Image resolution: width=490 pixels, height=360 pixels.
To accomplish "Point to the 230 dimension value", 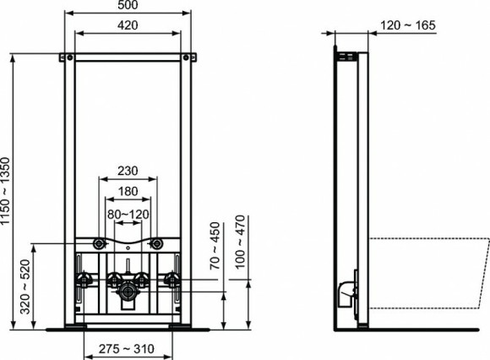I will [x=128, y=169].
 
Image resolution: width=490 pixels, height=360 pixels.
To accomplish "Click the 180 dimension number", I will [x=128, y=190].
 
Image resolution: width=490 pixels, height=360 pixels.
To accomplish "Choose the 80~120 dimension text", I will [x=128, y=214].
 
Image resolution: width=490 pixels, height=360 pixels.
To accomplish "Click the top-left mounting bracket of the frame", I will [x=65, y=57].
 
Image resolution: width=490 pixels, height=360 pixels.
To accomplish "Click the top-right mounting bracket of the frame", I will [x=189, y=57].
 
